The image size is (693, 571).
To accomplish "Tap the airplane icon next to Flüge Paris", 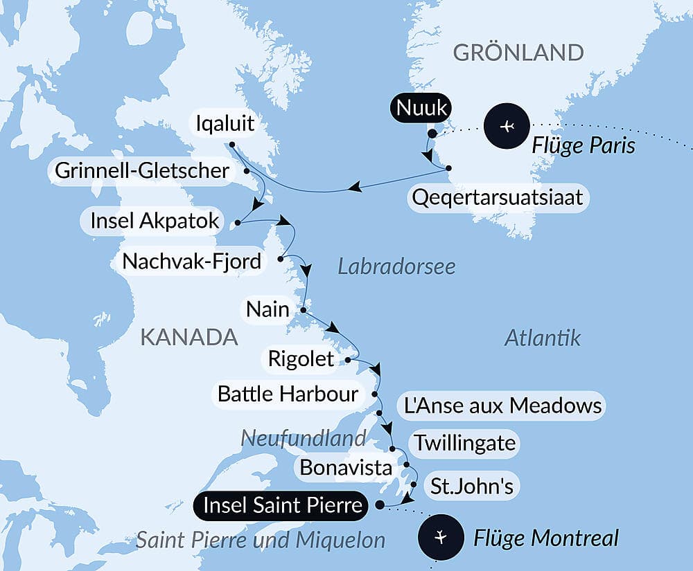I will (507, 127).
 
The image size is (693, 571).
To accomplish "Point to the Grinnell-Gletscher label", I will (142, 170).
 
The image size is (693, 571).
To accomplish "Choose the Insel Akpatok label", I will (155, 222).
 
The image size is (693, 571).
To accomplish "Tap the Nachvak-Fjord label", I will (192, 261).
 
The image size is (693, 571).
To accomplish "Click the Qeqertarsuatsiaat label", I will (497, 198).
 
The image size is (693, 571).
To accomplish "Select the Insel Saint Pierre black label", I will (283, 505).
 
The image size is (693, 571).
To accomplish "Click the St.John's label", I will (471, 486).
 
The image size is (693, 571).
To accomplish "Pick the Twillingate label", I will (464, 442).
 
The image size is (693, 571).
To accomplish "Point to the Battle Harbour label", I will (288, 394).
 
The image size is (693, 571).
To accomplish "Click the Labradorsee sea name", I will (396, 266).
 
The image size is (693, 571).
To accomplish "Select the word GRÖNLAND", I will (518, 53).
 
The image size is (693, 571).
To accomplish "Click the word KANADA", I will (189, 338).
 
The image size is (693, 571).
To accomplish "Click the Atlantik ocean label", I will (542, 338).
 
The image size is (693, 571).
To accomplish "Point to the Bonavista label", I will (346, 467).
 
